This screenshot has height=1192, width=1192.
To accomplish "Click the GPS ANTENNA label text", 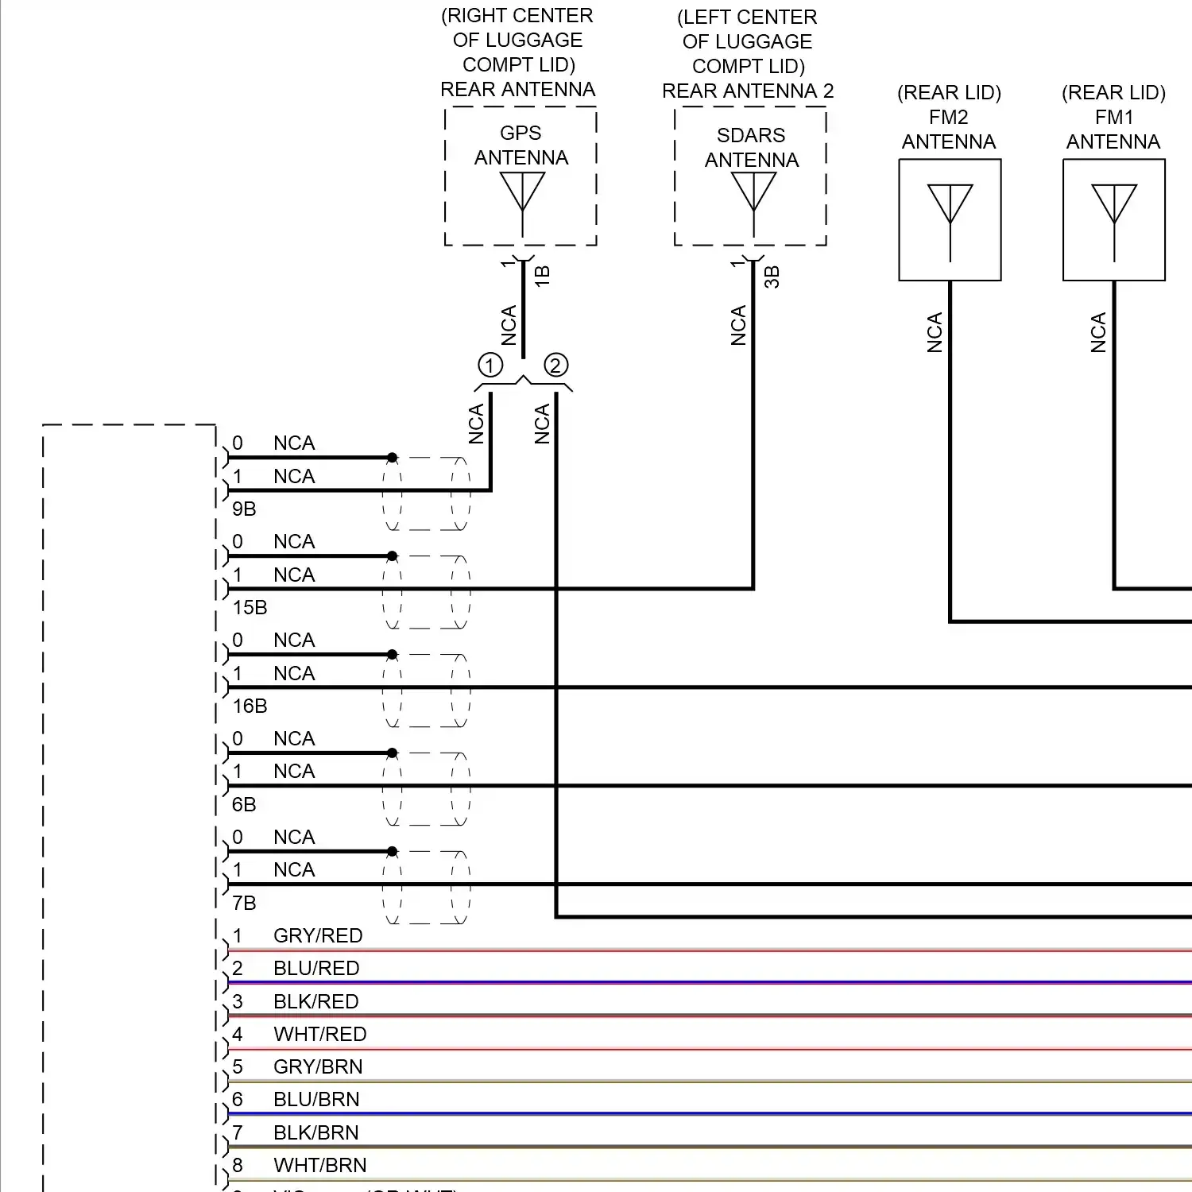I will pyautogui.click(x=521, y=145).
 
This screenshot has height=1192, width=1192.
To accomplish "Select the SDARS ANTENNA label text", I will pyautogui.click(x=751, y=148).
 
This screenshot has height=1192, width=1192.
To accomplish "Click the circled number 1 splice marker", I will pyautogui.click(x=490, y=366).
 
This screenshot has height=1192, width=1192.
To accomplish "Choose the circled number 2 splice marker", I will pyautogui.click(x=556, y=366).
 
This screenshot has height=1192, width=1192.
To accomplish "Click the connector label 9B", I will pyautogui.click(x=244, y=509).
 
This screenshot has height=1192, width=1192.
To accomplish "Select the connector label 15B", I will pyautogui.click(x=250, y=607).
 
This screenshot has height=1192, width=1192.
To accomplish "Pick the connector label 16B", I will pyautogui.click(x=250, y=706).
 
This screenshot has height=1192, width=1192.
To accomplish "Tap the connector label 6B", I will pyautogui.click(x=244, y=804).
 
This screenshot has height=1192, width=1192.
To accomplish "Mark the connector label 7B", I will pyautogui.click(x=244, y=903).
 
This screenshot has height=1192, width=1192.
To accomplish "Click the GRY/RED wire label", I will pyautogui.click(x=318, y=935).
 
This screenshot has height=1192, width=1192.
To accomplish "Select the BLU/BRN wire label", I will pyautogui.click(x=316, y=1099).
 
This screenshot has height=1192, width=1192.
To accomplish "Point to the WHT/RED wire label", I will pyautogui.click(x=319, y=1034).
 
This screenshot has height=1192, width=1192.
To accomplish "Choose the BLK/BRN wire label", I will pyautogui.click(x=315, y=1132).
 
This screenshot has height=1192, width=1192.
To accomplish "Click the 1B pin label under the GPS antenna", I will pyautogui.click(x=542, y=276).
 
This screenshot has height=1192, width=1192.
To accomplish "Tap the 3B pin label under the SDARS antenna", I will pyautogui.click(x=772, y=277).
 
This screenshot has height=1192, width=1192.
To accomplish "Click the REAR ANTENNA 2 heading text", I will pyautogui.click(x=748, y=91).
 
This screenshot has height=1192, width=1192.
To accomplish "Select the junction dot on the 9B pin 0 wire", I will pyautogui.click(x=392, y=458).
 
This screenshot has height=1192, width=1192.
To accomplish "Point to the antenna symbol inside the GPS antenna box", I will pyautogui.click(x=522, y=195).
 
